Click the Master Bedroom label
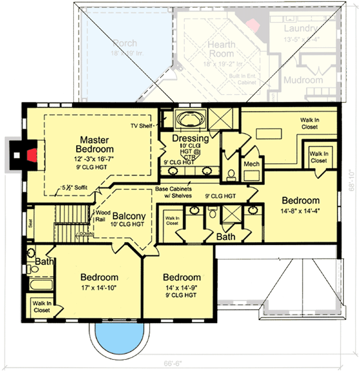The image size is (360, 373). pos(94,145)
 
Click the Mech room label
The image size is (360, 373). pos(251,165)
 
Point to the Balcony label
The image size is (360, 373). pos(129,216)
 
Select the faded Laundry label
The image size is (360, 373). pos(301,29)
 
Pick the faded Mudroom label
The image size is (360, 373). pos(303,80)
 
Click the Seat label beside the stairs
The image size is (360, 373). pos(29,223)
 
